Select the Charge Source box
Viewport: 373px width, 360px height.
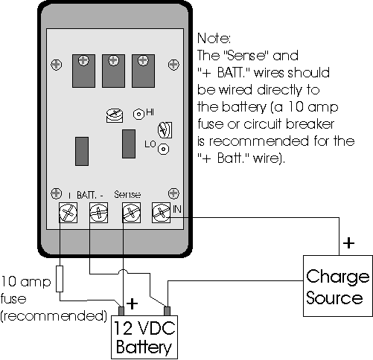(x=337, y=286)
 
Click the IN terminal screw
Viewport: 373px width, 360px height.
(x=160, y=213)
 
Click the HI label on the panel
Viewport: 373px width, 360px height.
(x=150, y=112)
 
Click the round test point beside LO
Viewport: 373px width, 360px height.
(x=163, y=149)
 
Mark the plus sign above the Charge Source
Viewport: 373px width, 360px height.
(x=348, y=243)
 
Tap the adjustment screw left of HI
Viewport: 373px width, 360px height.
(x=114, y=116)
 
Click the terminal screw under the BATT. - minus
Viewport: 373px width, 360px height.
(x=97, y=213)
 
